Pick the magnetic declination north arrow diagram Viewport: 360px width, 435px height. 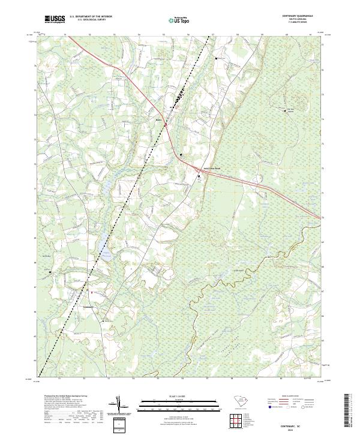click(119, 407)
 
